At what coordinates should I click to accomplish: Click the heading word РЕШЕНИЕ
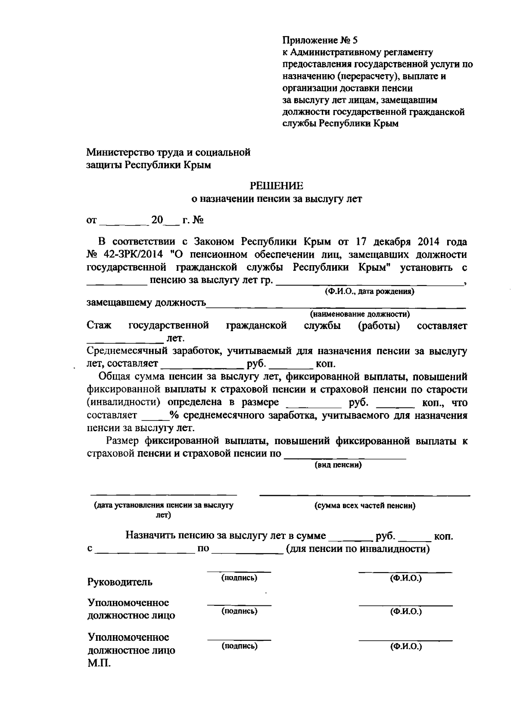click(x=277, y=186)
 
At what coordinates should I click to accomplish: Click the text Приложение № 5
click(x=320, y=41)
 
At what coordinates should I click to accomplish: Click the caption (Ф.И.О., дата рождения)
click(x=369, y=291)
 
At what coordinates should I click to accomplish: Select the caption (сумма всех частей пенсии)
click(x=364, y=506)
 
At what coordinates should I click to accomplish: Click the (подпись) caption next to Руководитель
click(x=239, y=578)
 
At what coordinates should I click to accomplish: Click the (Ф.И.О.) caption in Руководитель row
click(x=405, y=578)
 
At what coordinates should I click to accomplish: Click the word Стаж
click(x=99, y=326)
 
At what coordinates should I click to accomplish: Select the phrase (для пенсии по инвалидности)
click(x=358, y=549)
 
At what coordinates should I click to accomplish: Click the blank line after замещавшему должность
click(x=336, y=307)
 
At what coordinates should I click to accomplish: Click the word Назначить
click(x=150, y=536)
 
